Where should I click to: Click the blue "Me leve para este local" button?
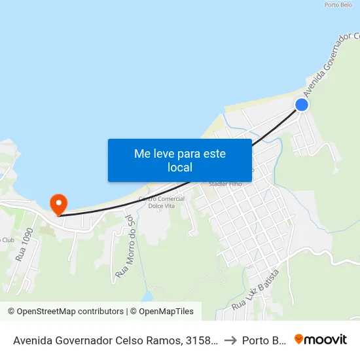179,160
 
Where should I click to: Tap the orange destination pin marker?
58,204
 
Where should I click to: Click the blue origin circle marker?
302,105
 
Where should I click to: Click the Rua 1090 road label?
24,243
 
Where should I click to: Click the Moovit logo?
321,339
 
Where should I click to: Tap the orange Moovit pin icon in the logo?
299,339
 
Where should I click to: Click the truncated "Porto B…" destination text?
262,340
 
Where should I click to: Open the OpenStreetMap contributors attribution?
65,312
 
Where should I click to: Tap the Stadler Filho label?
225,185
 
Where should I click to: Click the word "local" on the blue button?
179,168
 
